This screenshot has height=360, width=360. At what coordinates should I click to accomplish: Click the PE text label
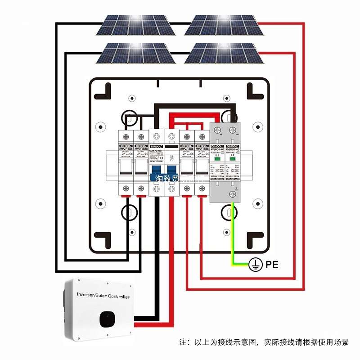point(272,264)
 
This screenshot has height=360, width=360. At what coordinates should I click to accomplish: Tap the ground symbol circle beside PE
point(255,265)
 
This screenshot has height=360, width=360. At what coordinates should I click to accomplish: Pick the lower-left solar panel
point(135,54)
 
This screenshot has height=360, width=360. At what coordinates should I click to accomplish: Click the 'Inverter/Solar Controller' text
point(103,297)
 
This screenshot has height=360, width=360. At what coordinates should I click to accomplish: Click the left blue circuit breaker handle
point(156,174)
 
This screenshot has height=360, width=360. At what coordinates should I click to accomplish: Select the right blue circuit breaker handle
point(171,174)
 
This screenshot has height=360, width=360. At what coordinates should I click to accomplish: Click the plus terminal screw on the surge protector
point(218,130)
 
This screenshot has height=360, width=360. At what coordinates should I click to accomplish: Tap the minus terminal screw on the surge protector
point(233,130)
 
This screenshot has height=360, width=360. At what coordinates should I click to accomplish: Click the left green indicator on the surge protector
point(218,158)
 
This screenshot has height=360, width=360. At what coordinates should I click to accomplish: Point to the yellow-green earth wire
point(232,234)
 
